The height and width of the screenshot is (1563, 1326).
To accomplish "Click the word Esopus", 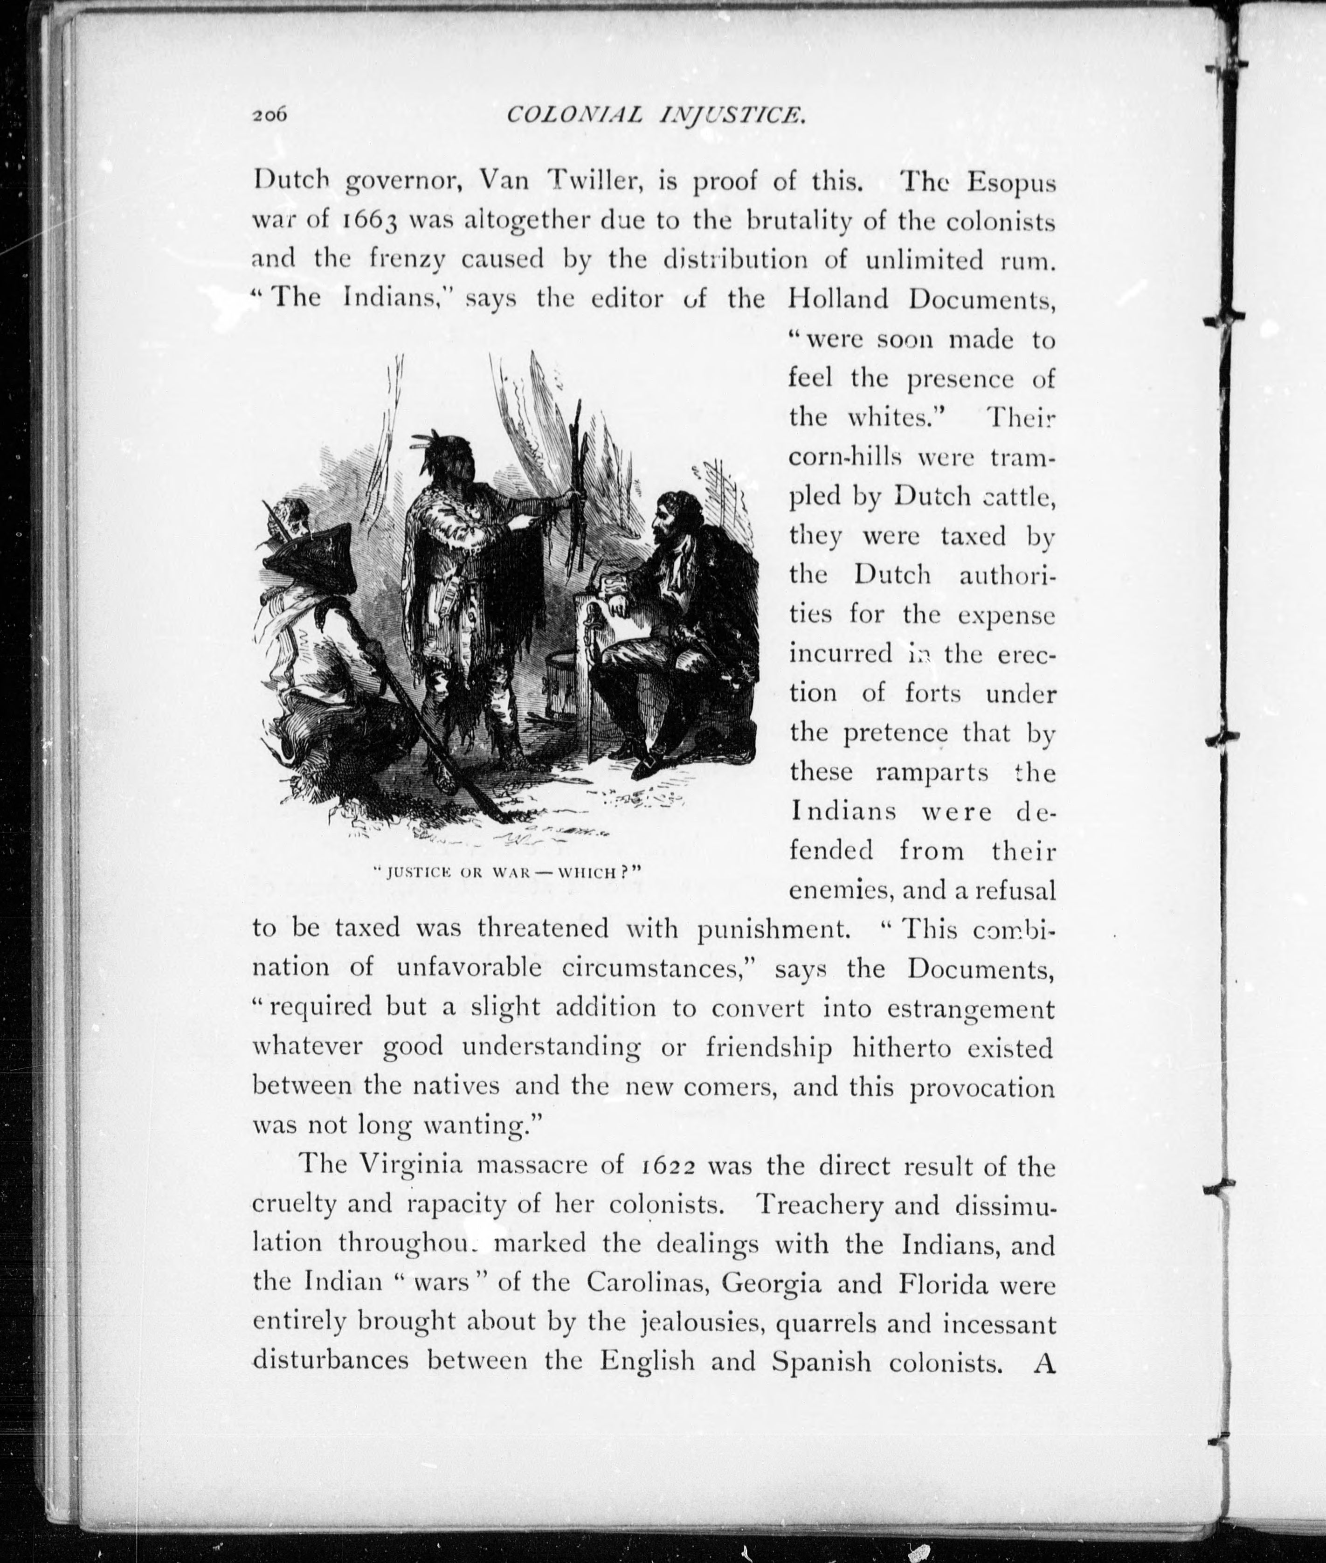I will [1011, 183].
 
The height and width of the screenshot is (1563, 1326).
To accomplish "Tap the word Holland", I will [840, 299].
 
